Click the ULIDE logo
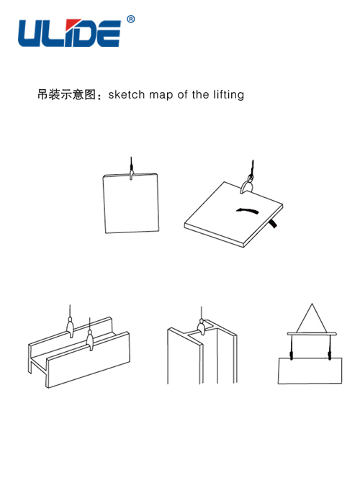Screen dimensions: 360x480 [69, 33]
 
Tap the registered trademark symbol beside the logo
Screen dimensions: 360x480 [130, 19]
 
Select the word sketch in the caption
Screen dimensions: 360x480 [127, 94]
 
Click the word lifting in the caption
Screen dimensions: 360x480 [228, 95]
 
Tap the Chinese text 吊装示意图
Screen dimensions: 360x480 [67, 94]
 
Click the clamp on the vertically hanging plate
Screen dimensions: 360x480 [131, 175]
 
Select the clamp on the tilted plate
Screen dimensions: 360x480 [247, 186]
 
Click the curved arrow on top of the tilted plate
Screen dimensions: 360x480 [248, 211]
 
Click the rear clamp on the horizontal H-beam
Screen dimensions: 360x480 [70, 327]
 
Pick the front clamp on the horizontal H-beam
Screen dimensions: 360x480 [89, 339]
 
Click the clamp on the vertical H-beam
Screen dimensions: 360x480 [202, 326]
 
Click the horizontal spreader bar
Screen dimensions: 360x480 [312, 334]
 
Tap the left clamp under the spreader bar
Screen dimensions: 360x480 [291, 356]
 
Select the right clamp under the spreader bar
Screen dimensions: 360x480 [330, 356]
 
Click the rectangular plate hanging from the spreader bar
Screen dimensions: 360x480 [310, 371]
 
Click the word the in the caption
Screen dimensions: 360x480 [201, 94]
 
